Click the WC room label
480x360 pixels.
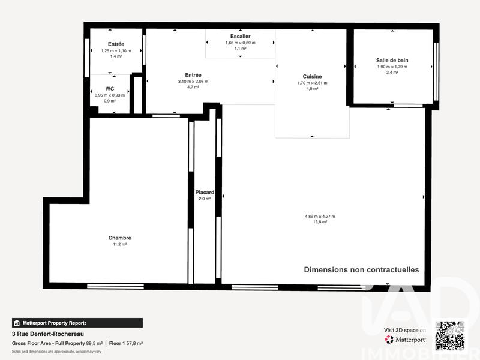[x=110, y=89]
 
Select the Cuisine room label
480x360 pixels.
[x=312, y=76]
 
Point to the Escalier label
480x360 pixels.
[x=240, y=37]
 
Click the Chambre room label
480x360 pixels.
[x=120, y=238]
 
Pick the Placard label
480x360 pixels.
[x=205, y=192]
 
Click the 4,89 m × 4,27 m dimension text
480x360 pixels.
[x=320, y=216]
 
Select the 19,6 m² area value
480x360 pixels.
[x=320, y=222]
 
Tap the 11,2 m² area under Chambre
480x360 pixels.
[x=120, y=244]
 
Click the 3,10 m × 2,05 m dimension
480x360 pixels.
[x=193, y=82]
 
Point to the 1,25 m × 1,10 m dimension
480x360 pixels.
[x=116, y=50]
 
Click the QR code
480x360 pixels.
[x=449, y=335]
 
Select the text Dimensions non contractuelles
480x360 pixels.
[x=361, y=270]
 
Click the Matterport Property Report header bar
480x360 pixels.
[x=77, y=322]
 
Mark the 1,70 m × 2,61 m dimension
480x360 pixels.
[x=312, y=83]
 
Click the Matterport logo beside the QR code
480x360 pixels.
[x=406, y=340]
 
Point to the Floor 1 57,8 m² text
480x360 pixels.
[x=125, y=343]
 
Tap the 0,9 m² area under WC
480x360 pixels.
[x=110, y=101]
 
